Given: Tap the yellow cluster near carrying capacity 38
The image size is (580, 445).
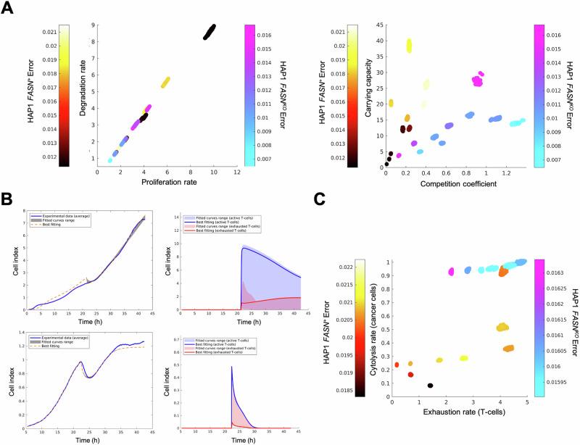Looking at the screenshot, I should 409,46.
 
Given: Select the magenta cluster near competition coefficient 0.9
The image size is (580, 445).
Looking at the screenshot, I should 477,79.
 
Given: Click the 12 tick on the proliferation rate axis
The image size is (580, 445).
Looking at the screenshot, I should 236,173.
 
